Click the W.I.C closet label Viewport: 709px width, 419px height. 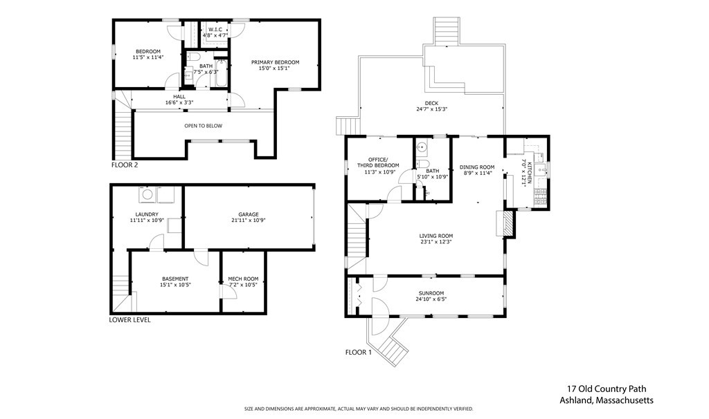pos(215,29)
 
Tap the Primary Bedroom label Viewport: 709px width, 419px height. pos(276,62)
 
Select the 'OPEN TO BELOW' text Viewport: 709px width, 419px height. pos(204,126)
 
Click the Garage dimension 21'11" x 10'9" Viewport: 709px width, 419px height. pos(249,221)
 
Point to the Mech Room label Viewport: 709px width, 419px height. pos(243,279)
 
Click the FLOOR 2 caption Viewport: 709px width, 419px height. pos(125,165)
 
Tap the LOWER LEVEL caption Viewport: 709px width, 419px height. pos(129,319)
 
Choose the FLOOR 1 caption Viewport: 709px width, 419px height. pos(358,352)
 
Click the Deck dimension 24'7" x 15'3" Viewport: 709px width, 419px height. pos(432,109)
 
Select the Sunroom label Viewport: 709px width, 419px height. pos(431,293)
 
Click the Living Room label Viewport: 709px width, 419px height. pos(436,236)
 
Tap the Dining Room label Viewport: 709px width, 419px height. pos(477,167)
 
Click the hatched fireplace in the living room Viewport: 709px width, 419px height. pos(510,223)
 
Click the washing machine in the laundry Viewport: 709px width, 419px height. pos(147,195)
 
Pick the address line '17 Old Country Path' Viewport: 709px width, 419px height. pos(607,389)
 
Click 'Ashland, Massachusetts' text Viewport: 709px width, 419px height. pos(607,400)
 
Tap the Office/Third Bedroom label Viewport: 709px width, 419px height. pos(378,162)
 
